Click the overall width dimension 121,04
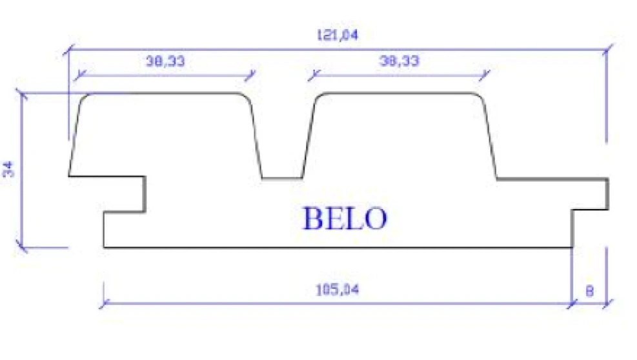click(338, 35)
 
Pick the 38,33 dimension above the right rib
click(399, 61)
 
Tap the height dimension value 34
click(9, 170)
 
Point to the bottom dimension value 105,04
click(337, 290)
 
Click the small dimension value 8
click(589, 291)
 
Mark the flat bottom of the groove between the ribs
click(282, 178)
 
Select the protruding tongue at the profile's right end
click(591, 194)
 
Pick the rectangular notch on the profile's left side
click(123, 194)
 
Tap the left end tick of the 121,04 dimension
click(69, 50)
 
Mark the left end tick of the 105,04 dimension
click(104, 302)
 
